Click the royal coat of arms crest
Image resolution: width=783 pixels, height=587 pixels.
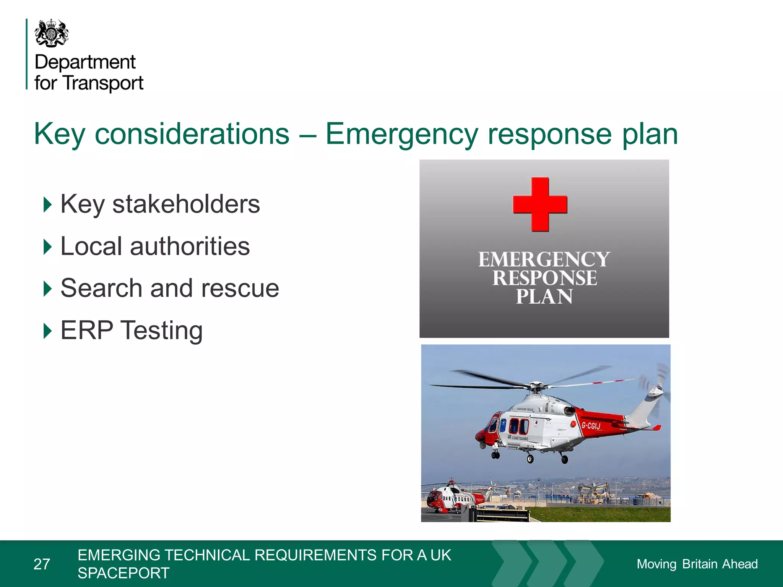[52, 33]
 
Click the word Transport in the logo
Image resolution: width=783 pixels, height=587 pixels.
[103, 83]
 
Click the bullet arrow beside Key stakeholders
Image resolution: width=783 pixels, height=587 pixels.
[47, 204]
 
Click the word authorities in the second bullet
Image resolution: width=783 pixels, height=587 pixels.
[190, 246]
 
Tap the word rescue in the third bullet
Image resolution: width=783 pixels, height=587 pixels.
[240, 288]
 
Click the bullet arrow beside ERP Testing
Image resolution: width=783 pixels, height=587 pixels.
[47, 331]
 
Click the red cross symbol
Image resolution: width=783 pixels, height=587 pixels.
[540, 204]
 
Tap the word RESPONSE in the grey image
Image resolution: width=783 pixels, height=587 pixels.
[544, 278]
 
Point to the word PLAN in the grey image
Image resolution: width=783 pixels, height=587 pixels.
[544, 297]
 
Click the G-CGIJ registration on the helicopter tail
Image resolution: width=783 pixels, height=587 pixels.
[591, 425]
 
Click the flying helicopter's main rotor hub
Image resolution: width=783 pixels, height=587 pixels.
[536, 386]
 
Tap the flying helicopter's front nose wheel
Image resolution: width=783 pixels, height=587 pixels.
[495, 455]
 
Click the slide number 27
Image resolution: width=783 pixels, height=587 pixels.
[42, 564]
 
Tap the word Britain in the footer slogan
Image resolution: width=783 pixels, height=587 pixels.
[700, 564]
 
